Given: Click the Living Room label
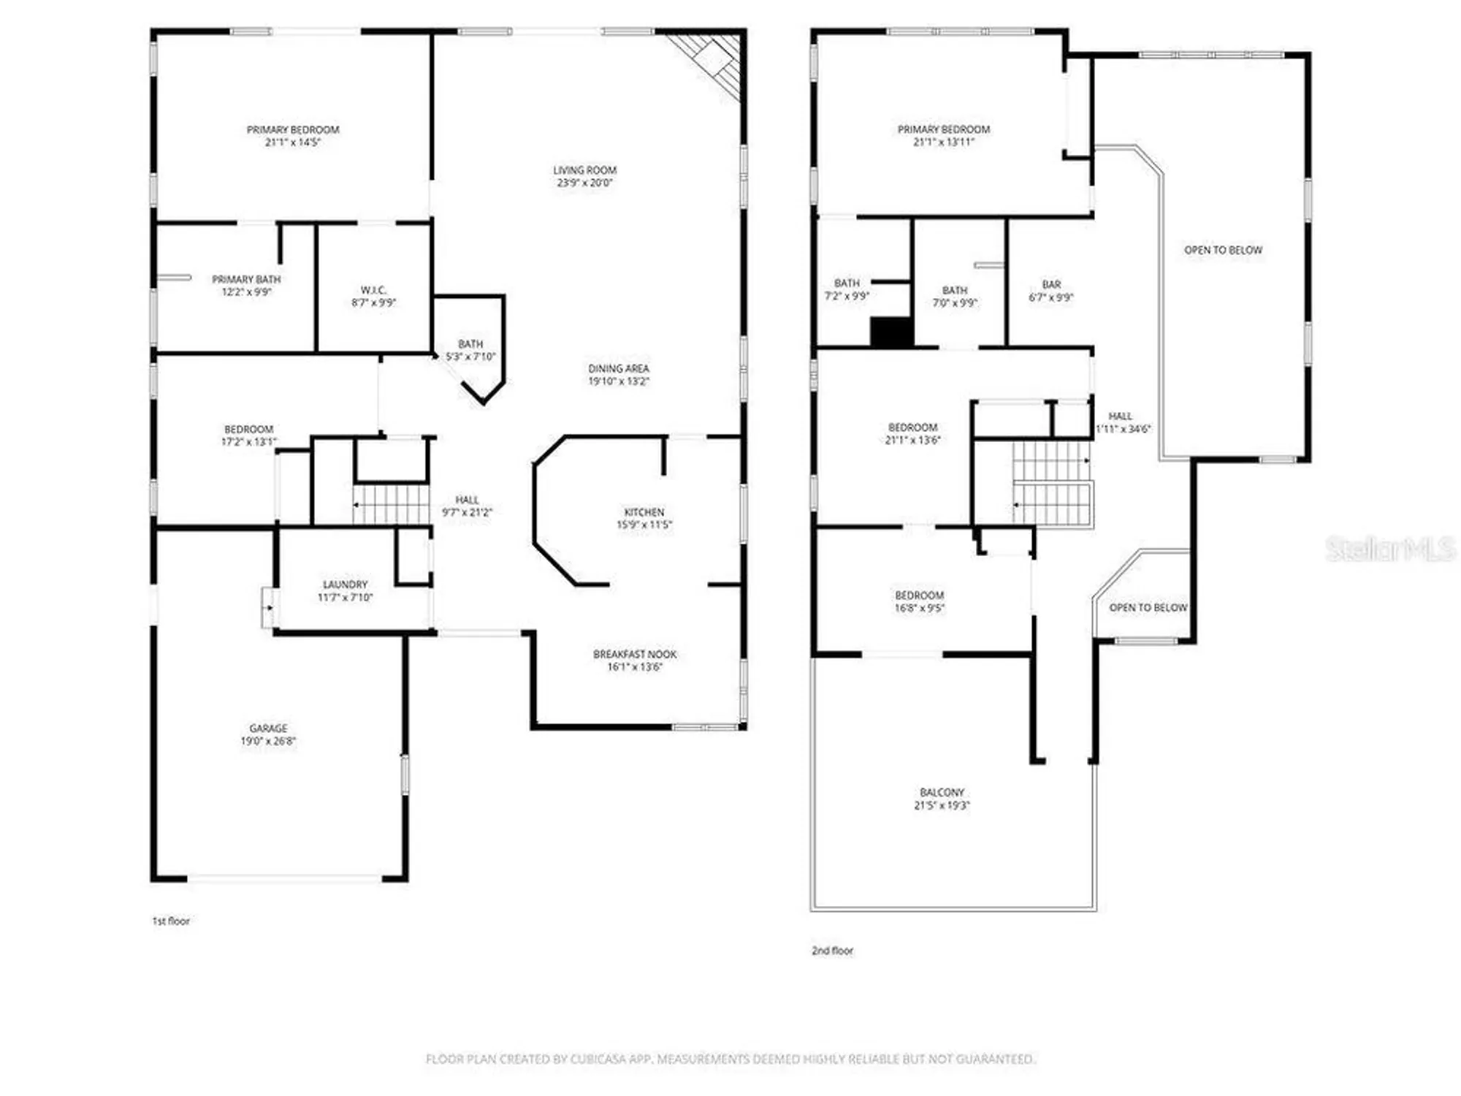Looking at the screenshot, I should point(584,170).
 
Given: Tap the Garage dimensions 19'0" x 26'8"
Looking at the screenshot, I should point(268,741).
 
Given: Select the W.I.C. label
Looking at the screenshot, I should point(373,290).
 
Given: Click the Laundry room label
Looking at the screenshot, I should point(345,585).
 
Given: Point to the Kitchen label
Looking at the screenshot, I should point(644,512).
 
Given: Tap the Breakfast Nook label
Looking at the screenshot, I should point(634,654).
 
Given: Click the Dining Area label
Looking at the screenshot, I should point(618,369).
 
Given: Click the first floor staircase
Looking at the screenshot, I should point(391,504).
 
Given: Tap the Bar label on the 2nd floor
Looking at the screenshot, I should point(1051,284).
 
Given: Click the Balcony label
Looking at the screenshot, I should point(942,792).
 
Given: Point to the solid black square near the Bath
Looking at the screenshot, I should point(890,332).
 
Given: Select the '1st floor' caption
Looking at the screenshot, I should point(171,921).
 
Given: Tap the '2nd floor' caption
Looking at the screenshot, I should point(832,951).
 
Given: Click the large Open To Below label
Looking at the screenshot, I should point(1223,250).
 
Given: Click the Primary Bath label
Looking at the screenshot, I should point(246,279).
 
